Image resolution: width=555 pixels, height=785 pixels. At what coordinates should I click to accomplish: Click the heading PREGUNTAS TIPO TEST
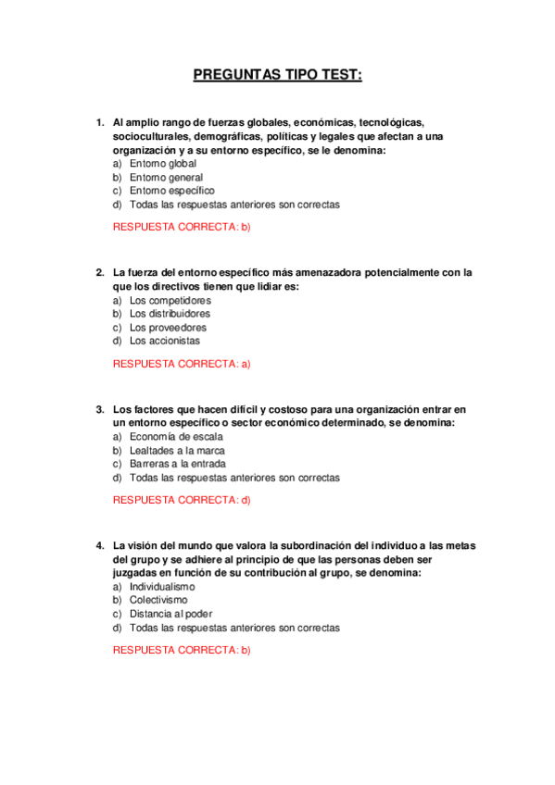pyautogui.click(x=277, y=75)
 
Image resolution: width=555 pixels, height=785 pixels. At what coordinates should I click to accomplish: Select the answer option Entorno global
pyautogui.click(x=163, y=164)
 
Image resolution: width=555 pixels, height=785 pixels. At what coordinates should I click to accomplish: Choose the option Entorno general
pyautogui.click(x=166, y=178)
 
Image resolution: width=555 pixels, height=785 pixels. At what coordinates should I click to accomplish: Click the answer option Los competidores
pyautogui.click(x=170, y=301)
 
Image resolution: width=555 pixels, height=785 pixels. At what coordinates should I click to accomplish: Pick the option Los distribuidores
pyautogui.click(x=170, y=314)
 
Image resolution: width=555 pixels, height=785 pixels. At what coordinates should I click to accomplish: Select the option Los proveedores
pyautogui.click(x=168, y=328)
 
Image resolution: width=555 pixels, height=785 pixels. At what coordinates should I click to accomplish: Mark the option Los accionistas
pyautogui.click(x=164, y=341)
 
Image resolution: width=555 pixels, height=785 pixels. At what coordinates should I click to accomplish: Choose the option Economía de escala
pyautogui.click(x=176, y=437)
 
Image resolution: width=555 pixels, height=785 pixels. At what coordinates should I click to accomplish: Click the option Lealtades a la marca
pyautogui.click(x=177, y=451)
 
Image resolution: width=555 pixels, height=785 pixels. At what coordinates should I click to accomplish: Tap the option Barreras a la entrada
pyautogui.click(x=177, y=464)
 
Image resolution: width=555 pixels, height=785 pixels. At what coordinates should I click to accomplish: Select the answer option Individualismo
pyautogui.click(x=162, y=587)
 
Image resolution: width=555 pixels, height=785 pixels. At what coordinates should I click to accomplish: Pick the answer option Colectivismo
pyautogui.click(x=158, y=601)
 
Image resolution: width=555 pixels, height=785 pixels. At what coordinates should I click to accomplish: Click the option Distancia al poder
pyautogui.click(x=171, y=614)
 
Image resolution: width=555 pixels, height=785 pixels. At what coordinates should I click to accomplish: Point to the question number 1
pyautogui.click(x=99, y=122)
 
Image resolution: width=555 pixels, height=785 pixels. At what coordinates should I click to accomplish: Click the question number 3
pyautogui.click(x=99, y=408)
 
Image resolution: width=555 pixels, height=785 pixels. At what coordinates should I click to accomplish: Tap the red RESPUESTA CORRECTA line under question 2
pyautogui.click(x=182, y=364)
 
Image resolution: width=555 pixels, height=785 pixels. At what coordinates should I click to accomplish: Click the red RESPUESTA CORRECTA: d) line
pyautogui.click(x=182, y=500)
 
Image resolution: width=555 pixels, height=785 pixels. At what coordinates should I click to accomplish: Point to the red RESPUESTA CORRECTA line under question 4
pyautogui.click(x=182, y=650)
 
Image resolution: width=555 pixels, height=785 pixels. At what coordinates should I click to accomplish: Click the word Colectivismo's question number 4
pyautogui.click(x=99, y=545)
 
